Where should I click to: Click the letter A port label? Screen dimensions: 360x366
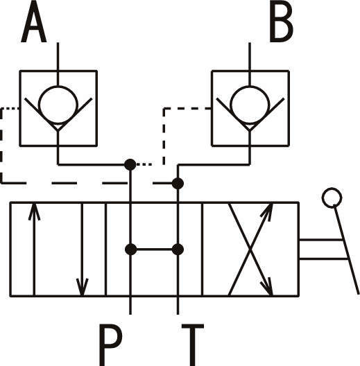point(34,21)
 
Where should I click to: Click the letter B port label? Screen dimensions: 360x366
point(281,21)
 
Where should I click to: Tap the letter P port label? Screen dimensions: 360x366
point(110,345)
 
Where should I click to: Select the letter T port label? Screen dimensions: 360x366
point(193,345)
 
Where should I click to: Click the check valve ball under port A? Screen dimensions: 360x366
point(58,105)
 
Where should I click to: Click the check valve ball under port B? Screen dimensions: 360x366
point(250,105)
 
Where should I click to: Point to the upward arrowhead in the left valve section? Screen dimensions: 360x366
point(35,211)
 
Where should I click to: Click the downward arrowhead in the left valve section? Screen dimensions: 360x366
point(82,287)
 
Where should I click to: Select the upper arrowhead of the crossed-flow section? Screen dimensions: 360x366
point(268,211)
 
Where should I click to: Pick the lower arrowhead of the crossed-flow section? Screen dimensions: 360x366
point(268,287)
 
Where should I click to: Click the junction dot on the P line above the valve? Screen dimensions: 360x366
point(130,165)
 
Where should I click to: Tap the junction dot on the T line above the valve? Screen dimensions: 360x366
point(178,183)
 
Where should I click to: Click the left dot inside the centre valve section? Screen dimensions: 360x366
point(130,250)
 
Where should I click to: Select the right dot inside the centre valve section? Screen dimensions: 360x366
point(178,250)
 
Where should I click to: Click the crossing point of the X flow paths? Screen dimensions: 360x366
point(250,250)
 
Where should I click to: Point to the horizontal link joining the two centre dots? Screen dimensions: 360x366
point(154,250)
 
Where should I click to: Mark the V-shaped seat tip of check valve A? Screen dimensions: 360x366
point(58,131)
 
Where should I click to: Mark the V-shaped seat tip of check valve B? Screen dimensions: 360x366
point(250,131)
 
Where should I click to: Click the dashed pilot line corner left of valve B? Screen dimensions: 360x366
point(164,109)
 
